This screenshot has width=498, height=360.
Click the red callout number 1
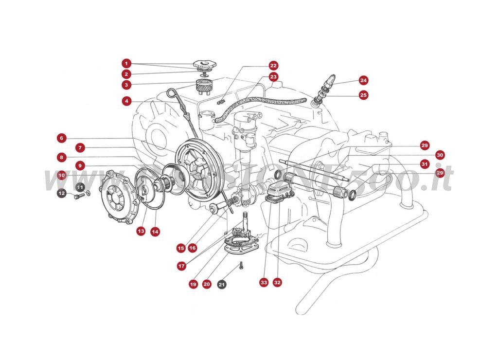click(126, 63)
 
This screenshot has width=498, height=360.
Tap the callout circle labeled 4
click(126, 101)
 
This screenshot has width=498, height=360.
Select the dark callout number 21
click(222, 284)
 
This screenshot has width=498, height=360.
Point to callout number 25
click(363, 95)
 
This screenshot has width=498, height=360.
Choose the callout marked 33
click(264, 282)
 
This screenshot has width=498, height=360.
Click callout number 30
click(440, 155)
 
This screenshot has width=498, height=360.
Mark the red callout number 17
click(181, 266)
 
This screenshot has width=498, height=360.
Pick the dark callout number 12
click(61, 194)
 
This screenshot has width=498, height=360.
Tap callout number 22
click(273, 65)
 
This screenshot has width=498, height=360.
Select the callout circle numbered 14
click(155, 232)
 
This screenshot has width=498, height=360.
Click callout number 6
click(61, 138)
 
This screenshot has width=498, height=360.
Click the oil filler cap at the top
click(204, 65)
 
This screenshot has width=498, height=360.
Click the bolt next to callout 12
click(78, 196)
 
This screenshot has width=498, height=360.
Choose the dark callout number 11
click(80, 187)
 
